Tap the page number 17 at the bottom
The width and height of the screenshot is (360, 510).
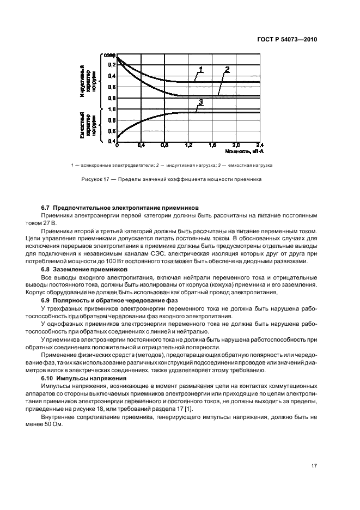314,465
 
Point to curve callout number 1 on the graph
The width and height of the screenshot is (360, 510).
200,70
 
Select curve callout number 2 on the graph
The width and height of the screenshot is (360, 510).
227,69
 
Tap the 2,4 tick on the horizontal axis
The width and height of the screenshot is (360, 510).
259,145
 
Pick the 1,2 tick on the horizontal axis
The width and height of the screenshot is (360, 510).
188,145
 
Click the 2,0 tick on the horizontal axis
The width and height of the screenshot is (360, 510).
236,145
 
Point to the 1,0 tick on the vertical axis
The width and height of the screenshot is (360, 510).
112,109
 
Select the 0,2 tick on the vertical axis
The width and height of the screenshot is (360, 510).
112,65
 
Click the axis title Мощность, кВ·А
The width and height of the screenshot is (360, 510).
241,151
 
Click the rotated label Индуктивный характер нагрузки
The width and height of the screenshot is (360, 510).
88,80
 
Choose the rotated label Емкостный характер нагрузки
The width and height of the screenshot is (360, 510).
88,126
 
